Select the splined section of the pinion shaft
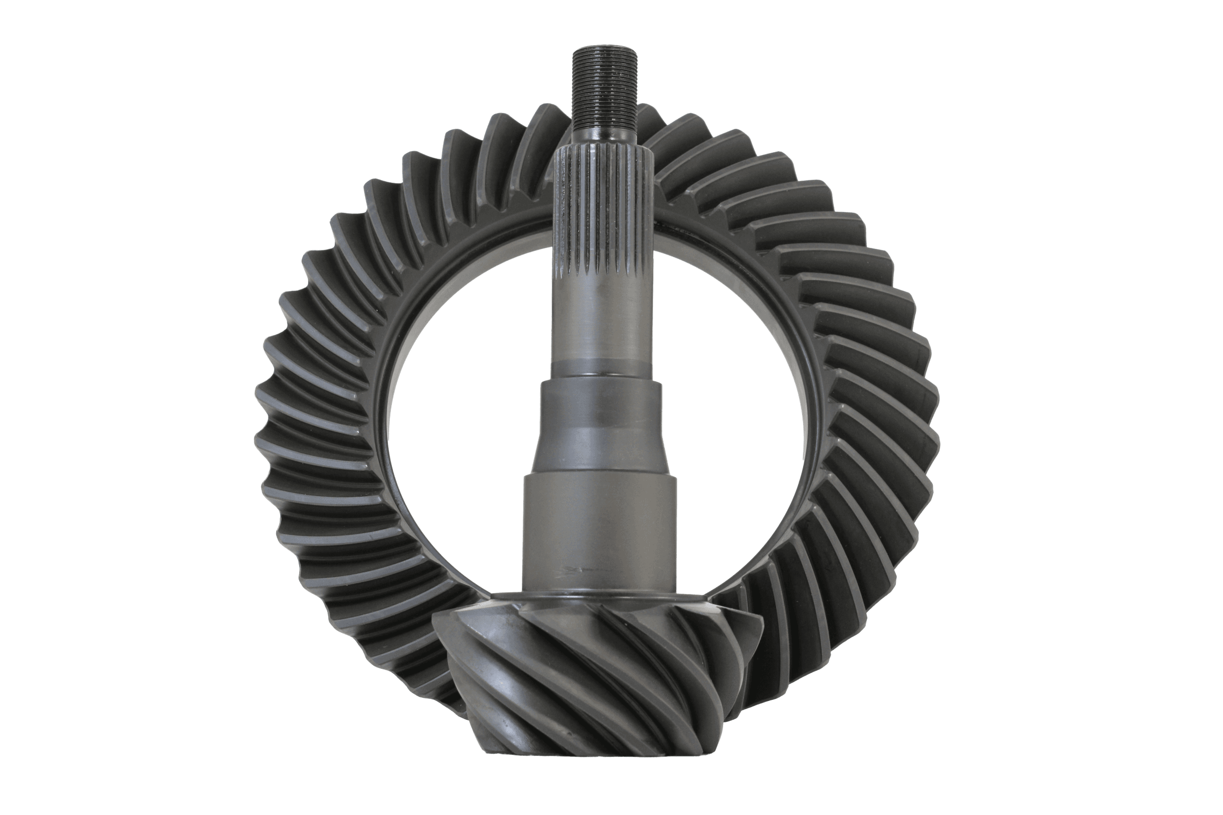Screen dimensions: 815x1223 [x=604, y=213]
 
